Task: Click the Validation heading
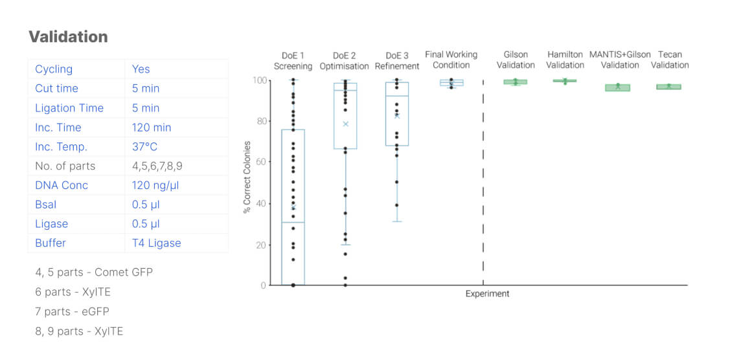(x=68, y=37)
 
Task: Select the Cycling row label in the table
(x=54, y=69)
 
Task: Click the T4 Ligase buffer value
(x=156, y=243)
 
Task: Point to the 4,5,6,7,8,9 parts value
(x=157, y=166)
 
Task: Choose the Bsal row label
(x=45, y=205)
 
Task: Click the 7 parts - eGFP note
(x=72, y=311)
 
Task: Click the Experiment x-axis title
(x=487, y=294)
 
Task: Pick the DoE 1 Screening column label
(x=293, y=60)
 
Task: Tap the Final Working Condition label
(x=451, y=60)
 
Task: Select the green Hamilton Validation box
(x=565, y=81)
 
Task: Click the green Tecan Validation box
(x=668, y=87)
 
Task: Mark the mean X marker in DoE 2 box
(x=345, y=124)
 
